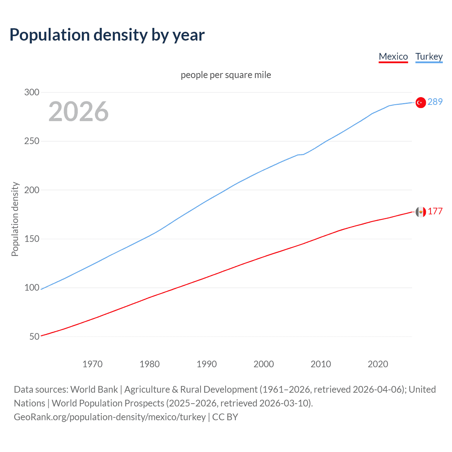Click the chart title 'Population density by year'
(107, 35)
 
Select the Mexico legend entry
(393, 56)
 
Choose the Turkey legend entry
(429, 56)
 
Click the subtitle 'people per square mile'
(226, 75)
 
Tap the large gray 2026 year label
(78, 112)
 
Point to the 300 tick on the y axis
(32, 92)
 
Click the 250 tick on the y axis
(32, 141)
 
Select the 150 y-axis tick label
(32, 239)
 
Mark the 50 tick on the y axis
(34, 337)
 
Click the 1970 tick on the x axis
(93, 364)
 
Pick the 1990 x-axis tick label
(207, 364)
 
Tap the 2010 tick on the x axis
(321, 364)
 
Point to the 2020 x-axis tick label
(378, 364)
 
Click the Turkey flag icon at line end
(421, 102)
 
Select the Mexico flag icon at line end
(421, 212)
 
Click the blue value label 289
(435, 102)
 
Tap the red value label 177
(435, 211)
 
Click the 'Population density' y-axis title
(15, 219)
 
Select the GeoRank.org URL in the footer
(109, 417)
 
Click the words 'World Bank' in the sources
(94, 389)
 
